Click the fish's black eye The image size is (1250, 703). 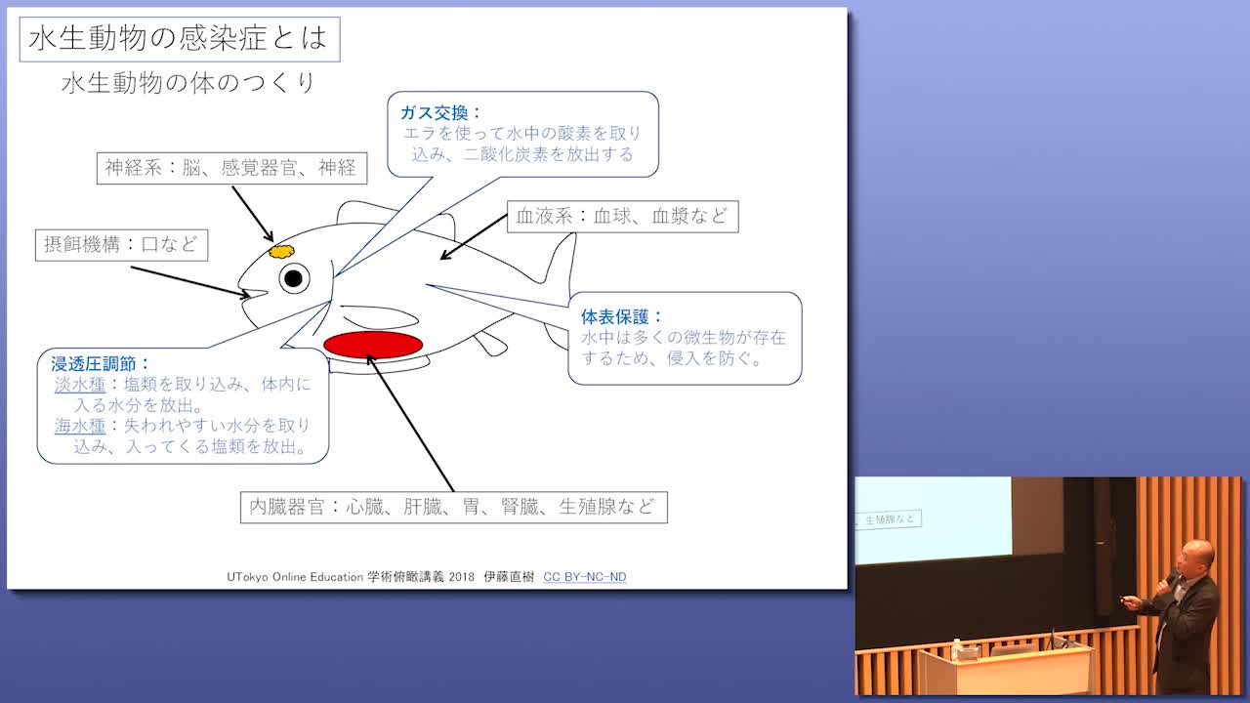click(294, 278)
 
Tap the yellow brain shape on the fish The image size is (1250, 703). click(281, 252)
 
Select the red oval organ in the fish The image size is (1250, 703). click(373, 345)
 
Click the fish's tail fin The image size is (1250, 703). click(558, 290)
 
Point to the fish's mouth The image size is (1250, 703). click(254, 294)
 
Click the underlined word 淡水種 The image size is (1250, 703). click(80, 385)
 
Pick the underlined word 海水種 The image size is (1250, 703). click(80, 426)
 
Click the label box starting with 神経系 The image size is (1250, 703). click(231, 168)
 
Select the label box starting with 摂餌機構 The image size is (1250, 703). click(121, 245)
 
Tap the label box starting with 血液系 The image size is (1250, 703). click(623, 217)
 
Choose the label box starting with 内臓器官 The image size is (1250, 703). click(454, 507)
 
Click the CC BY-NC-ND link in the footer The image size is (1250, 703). click(585, 577)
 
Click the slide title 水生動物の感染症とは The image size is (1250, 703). click(179, 39)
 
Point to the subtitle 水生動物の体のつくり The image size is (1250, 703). click(188, 83)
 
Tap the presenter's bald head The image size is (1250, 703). click(1197, 554)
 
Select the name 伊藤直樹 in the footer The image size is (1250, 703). click(509, 577)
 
